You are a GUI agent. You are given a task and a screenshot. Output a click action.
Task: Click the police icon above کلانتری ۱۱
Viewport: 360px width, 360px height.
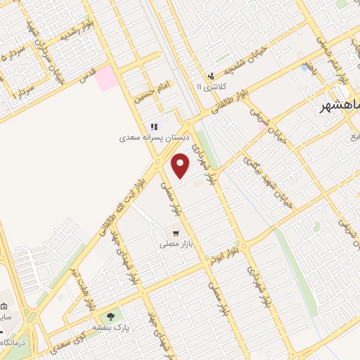[x=210, y=76]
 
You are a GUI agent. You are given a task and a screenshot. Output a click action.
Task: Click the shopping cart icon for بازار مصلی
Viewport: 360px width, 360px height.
[x=175, y=233]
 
